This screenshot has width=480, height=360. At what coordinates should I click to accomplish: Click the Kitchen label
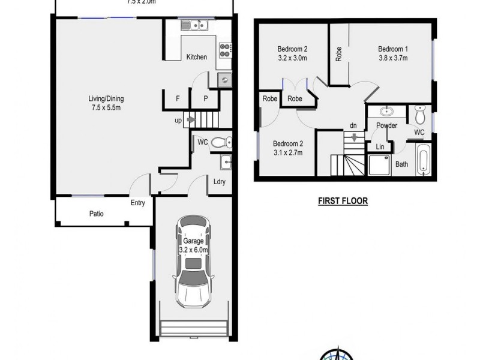[x=197, y=57]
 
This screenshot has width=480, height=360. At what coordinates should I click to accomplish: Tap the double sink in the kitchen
[x=195, y=25]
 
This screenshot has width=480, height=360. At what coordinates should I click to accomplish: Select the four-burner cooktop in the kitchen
[x=226, y=50]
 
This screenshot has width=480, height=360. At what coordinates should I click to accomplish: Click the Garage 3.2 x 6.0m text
[x=193, y=245]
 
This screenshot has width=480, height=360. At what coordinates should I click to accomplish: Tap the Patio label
[x=97, y=213]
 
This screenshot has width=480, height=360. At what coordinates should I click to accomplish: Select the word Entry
[x=138, y=203]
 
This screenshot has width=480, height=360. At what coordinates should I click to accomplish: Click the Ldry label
[x=219, y=182]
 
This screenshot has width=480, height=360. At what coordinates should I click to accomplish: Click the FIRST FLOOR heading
[x=343, y=202]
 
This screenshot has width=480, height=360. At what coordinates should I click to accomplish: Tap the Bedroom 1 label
[x=393, y=49]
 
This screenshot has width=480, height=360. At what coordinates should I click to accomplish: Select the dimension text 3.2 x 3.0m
[x=292, y=58]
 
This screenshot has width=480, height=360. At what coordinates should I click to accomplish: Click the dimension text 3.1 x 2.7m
[x=288, y=152]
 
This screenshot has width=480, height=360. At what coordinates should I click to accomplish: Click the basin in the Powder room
[x=386, y=112]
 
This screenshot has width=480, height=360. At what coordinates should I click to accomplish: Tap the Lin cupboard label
[x=380, y=147]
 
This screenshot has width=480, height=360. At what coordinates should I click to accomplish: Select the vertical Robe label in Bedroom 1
[x=339, y=55]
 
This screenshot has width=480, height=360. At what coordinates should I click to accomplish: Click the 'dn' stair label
[x=354, y=126]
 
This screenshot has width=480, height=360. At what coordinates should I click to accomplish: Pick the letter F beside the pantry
[x=178, y=98]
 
